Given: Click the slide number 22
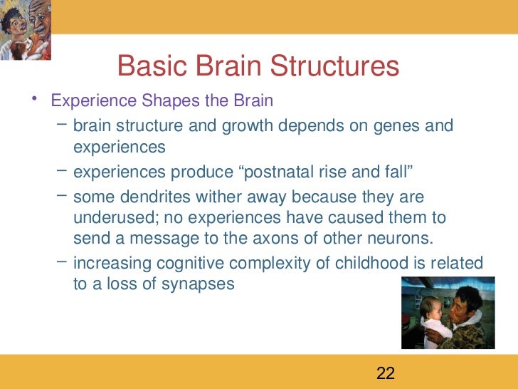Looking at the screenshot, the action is [x=385, y=373].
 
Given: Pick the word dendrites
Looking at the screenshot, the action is [x=152, y=197].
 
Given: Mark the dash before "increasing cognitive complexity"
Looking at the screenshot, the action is [x=61, y=263].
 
